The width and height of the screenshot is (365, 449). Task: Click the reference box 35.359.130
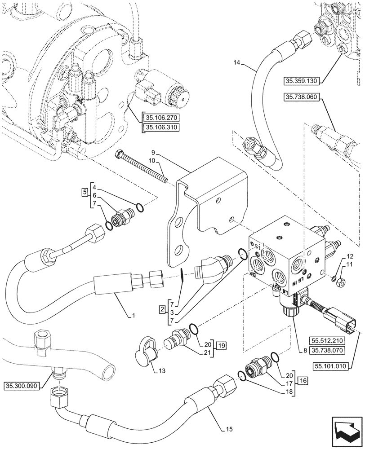pyautogui.click(x=301, y=81)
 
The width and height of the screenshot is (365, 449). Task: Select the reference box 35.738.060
pyautogui.click(x=301, y=97)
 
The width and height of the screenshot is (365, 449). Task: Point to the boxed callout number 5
pyautogui.click(x=85, y=193)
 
